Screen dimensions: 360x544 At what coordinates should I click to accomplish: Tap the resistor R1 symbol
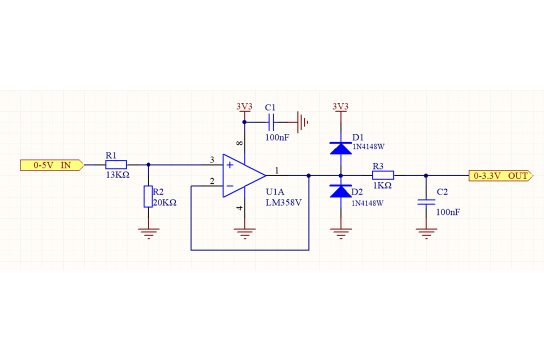116,164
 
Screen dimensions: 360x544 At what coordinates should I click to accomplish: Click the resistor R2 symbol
148,196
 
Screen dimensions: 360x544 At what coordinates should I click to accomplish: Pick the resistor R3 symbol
383,175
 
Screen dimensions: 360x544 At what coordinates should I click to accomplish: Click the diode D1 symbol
340,148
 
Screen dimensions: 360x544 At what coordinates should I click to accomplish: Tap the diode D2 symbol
340,191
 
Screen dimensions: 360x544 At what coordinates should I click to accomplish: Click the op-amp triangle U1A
243,175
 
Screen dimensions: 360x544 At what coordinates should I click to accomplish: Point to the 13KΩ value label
118,175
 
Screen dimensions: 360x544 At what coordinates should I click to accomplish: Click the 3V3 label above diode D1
340,106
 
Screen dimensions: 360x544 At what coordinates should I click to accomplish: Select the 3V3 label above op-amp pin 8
244,106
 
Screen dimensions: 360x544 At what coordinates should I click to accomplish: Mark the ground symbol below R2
148,233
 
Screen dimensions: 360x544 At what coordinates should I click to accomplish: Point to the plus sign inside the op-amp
229,165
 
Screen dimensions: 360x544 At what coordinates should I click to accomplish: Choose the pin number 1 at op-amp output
277,171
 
